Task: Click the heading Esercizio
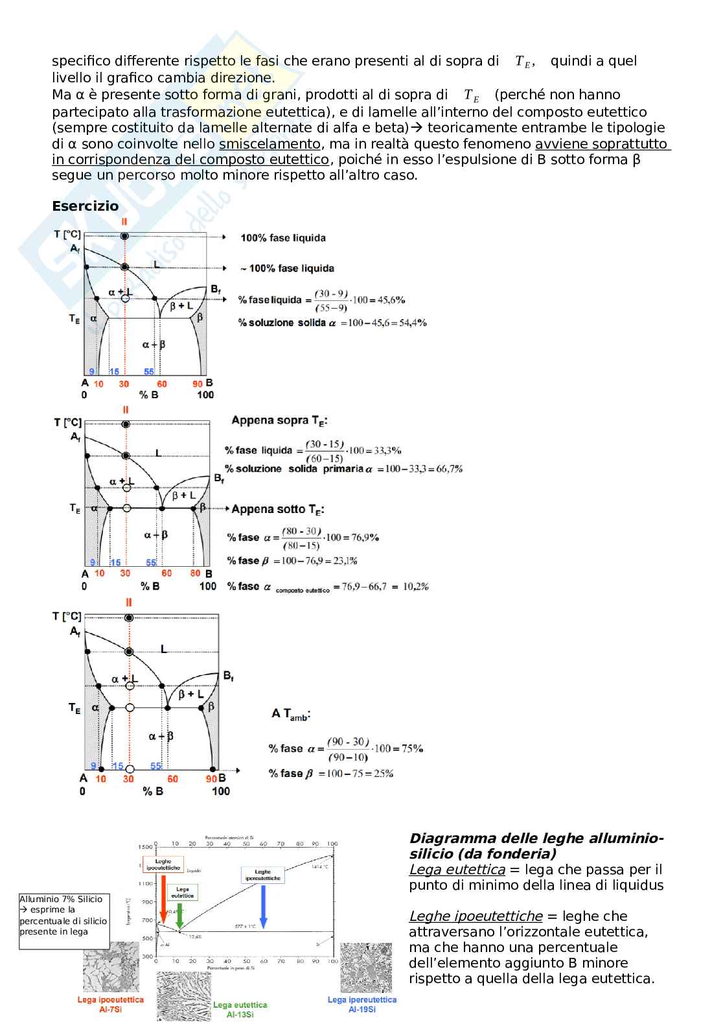(86, 206)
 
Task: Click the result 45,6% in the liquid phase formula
(392, 300)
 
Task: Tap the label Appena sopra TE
(279, 420)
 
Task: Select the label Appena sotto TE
(278, 510)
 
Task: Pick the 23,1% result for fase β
(345, 560)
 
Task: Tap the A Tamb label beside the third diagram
(291, 714)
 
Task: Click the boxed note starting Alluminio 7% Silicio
(64, 921)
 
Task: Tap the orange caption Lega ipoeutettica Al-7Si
(110, 1005)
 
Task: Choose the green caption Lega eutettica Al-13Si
(240, 1009)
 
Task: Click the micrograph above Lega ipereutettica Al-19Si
(366, 968)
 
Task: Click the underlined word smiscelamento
(270, 144)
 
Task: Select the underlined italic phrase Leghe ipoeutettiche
(476, 916)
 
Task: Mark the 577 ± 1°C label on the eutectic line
(246, 926)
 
